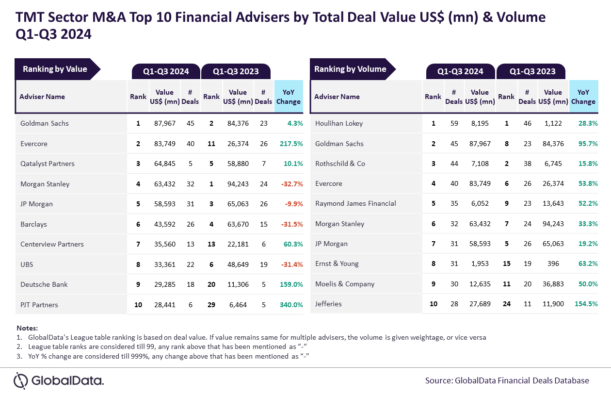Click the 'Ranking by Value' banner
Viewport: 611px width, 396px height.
tap(55, 69)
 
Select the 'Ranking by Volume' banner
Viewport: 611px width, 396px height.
tap(350, 69)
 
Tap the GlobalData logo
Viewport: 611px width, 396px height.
tap(59, 380)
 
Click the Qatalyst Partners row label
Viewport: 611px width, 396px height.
tap(48, 164)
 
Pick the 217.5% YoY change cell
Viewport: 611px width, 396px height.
tap(291, 144)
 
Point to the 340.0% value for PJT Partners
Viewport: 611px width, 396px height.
tap(291, 305)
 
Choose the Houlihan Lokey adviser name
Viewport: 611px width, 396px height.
tap(339, 123)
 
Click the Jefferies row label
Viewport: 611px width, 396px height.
tap(328, 304)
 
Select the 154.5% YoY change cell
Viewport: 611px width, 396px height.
tap(586, 304)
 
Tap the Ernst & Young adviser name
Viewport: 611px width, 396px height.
tap(337, 264)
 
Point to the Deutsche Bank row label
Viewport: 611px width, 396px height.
tap(44, 284)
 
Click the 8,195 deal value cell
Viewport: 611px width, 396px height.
tap(480, 123)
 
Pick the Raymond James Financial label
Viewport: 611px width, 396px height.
tap(355, 203)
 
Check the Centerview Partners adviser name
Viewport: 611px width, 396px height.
tap(52, 244)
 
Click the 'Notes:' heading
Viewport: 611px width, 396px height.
tap(27, 328)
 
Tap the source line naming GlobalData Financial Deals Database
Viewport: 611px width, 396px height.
tap(507, 380)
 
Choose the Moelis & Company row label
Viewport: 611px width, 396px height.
tap(345, 284)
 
